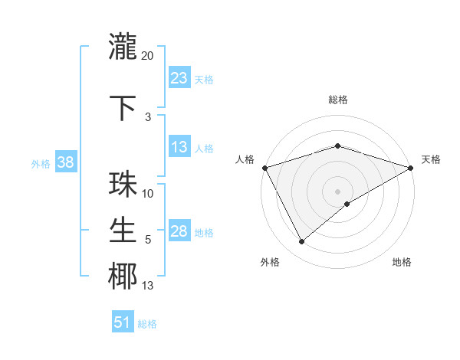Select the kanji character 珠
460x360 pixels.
pyautogui.click(x=123, y=185)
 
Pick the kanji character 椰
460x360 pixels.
pyautogui.click(x=123, y=277)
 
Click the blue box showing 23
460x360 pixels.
pyautogui.click(x=179, y=78)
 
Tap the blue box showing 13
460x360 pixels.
pyautogui.click(x=179, y=148)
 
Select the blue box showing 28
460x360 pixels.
pyautogui.click(x=179, y=232)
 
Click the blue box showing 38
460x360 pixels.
pyautogui.click(x=65, y=162)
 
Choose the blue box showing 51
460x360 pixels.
pyautogui.click(x=123, y=322)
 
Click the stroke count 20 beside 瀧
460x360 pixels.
pyautogui.click(x=148, y=56)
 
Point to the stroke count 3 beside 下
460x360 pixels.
pyautogui.click(x=148, y=117)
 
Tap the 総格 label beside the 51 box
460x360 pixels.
pyautogui.click(x=147, y=324)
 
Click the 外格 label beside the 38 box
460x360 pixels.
pyautogui.click(x=40, y=163)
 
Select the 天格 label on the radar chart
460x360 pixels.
pyautogui.click(x=431, y=159)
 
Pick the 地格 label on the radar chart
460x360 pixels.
pyautogui.click(x=402, y=262)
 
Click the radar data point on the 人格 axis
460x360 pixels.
pyautogui.click(x=264, y=167)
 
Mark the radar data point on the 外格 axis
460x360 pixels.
pyautogui.click(x=301, y=242)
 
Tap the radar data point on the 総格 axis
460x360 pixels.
pyautogui.click(x=337, y=146)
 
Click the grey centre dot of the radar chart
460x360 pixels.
pyautogui.click(x=337, y=191)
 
